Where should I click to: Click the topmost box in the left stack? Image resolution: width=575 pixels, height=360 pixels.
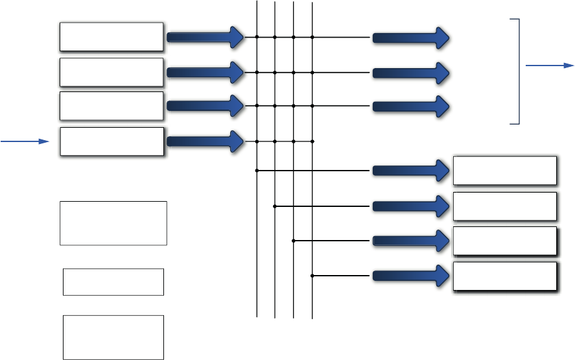tap(111, 37)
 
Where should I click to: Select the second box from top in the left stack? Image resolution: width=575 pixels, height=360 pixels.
tap(111, 72)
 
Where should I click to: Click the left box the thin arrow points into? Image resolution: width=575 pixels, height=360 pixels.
tap(111, 141)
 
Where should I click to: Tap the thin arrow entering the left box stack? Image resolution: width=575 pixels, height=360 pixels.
tap(25, 140)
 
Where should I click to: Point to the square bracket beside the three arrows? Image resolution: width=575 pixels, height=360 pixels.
tap(517, 71)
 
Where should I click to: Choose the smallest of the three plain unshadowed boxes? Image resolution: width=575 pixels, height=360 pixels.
tap(113, 282)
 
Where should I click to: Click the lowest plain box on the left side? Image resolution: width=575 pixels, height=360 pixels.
tap(113, 337)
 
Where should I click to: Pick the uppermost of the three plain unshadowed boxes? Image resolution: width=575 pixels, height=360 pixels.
tap(113, 223)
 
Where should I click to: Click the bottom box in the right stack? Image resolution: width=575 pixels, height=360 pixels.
tap(505, 276)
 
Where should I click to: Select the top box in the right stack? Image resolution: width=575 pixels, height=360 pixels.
tap(505, 171)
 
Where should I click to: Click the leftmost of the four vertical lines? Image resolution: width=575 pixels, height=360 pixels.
tap(257, 259)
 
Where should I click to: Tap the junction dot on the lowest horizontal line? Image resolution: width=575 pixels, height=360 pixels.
tap(312, 276)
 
